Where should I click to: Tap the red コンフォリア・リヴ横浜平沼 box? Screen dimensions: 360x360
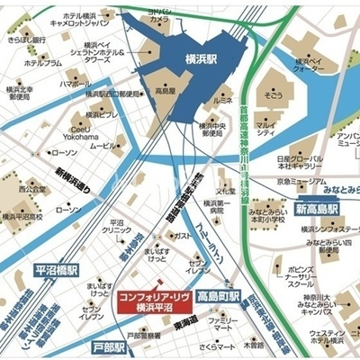pos(151,303)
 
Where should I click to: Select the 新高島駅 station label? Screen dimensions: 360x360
pos(318,209)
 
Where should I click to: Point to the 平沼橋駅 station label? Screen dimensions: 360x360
pos(58,269)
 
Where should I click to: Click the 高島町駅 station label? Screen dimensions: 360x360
pos(218,296)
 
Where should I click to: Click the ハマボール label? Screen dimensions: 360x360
pos(75,83)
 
